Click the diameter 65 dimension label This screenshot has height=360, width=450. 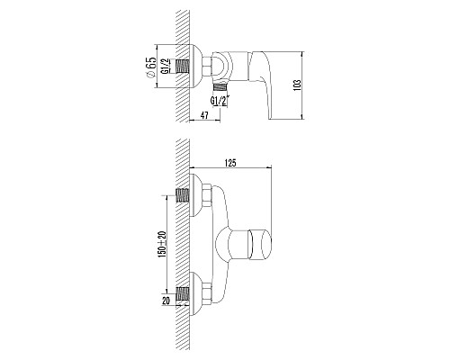click(157, 67)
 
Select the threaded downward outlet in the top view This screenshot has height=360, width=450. click(221, 87)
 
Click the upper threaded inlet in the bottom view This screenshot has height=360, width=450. click(183, 193)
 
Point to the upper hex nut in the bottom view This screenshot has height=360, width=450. click(206, 193)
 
